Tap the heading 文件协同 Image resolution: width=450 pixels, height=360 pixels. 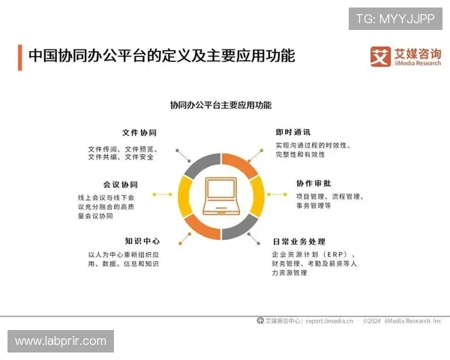coord(139,133)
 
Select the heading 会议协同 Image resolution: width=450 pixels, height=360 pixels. coord(121,184)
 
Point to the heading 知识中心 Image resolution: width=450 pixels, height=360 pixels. coord(142,241)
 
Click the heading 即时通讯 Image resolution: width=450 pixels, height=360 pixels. coord(292,132)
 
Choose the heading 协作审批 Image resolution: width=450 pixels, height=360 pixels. coord(314,184)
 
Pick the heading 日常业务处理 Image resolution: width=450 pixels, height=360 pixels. coord(299,242)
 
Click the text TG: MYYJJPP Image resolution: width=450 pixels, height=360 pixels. coord(395,18)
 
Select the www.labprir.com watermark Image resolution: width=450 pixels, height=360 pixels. coord(61,341)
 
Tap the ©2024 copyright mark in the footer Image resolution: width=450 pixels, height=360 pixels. coord(373,320)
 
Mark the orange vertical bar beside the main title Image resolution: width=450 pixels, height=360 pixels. coord(19,56)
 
